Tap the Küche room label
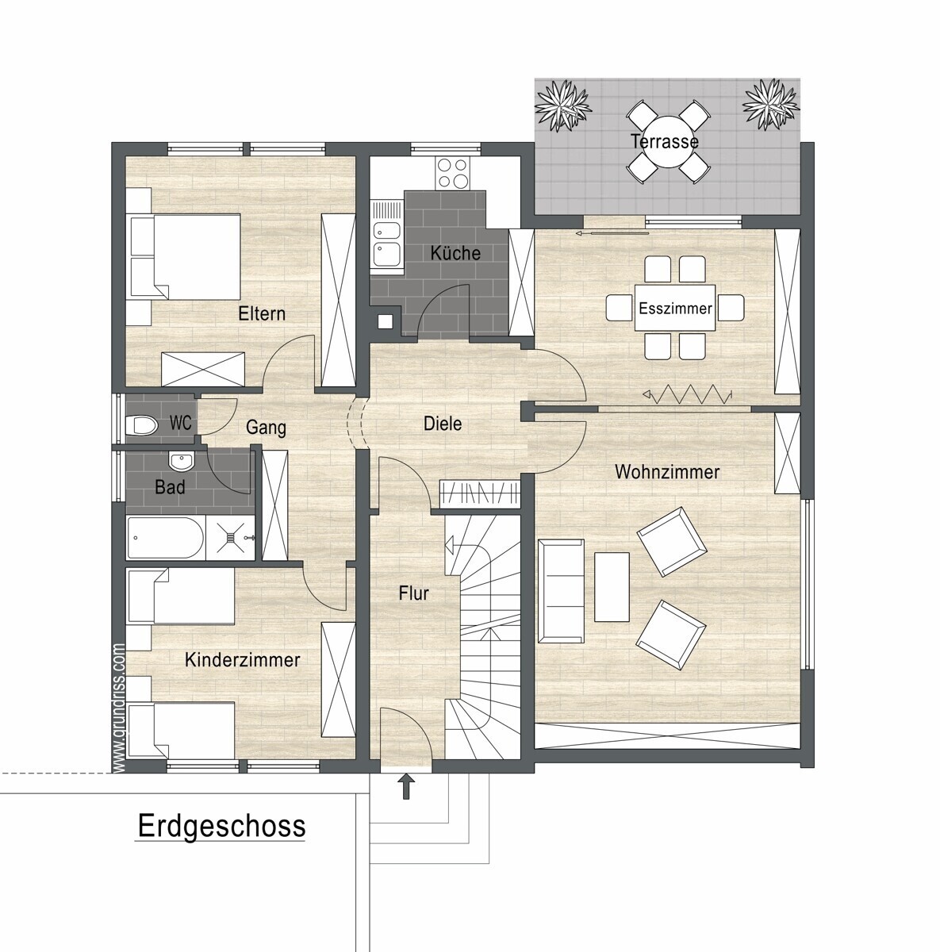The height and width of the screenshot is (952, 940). click(455, 253)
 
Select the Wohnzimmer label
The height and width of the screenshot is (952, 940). click(666, 472)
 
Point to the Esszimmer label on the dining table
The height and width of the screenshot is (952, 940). click(675, 309)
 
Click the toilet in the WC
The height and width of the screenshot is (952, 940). click(142, 425)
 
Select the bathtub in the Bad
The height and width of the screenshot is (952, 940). click(166, 538)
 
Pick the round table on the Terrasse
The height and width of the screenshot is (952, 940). click(666, 142)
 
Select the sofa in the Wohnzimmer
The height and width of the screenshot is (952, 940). click(561, 591)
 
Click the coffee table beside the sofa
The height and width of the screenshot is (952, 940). click(612, 586)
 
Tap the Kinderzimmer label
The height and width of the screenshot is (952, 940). click(242, 660)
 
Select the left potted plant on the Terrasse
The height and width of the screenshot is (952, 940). click(563, 106)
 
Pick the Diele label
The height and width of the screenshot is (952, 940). click(443, 424)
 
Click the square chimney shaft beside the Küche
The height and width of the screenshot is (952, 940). click(385, 321)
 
